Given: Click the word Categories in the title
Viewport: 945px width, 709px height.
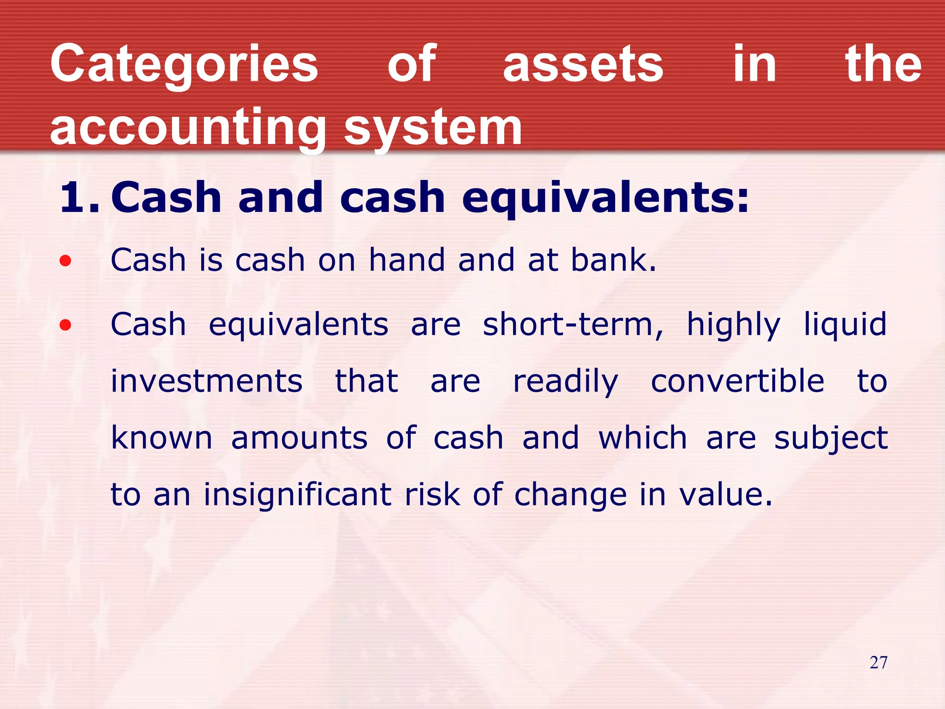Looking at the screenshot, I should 184,65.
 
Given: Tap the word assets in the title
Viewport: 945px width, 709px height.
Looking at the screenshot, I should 583,65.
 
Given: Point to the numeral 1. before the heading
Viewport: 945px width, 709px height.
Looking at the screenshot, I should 79,198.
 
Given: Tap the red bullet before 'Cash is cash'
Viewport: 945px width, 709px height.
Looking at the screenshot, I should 66,261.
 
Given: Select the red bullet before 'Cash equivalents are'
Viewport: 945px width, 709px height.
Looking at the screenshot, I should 66,325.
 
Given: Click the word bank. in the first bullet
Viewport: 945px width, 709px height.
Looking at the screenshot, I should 614,260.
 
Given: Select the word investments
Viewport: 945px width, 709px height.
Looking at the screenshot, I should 207,381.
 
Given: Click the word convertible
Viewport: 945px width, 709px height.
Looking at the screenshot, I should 737,381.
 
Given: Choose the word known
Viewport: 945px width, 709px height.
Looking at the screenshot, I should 161,438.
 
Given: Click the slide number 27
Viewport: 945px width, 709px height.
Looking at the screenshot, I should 878,663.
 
